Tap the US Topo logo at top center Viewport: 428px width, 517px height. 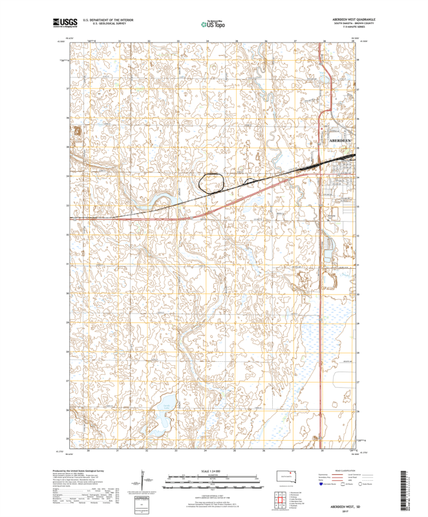point(213,24)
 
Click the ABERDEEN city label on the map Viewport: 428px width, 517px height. point(340,140)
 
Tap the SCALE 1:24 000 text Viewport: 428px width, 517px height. point(213,473)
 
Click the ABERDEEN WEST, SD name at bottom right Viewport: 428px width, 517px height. point(343,506)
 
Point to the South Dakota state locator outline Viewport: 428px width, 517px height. point(284,476)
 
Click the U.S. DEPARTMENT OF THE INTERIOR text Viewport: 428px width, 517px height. point(108,20)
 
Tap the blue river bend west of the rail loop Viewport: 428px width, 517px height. point(160,197)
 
